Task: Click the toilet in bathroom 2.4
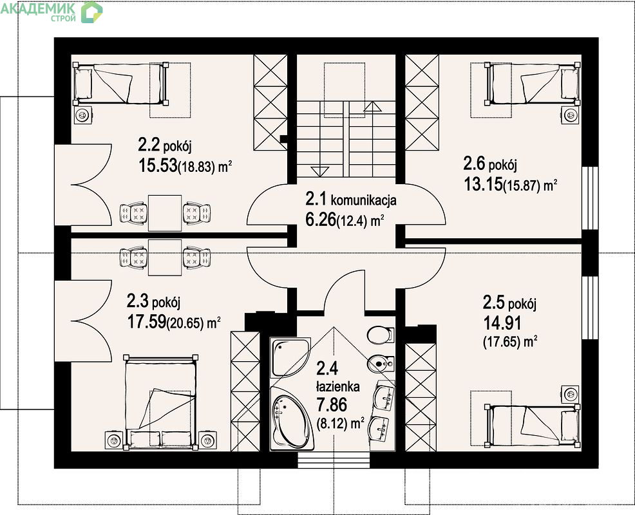[381, 334]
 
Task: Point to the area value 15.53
[158, 165]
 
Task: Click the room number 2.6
[474, 164]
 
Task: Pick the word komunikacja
[364, 200]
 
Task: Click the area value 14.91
[502, 323]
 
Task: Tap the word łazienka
[337, 387]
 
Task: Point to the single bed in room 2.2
[120, 84]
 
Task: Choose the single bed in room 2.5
[533, 424]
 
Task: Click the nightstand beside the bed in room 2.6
[571, 115]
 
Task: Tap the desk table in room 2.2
[164, 213]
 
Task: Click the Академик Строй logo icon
[92, 12]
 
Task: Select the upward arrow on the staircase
[373, 107]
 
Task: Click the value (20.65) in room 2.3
[186, 324]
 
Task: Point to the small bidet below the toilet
[380, 363]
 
